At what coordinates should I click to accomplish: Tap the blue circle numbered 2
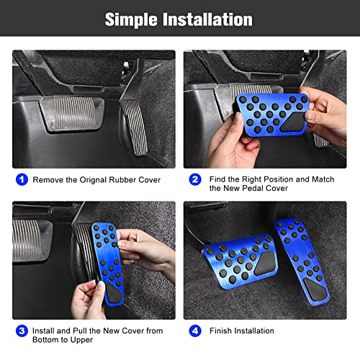[x=195, y=179]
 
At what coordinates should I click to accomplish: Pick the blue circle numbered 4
[x=195, y=330]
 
